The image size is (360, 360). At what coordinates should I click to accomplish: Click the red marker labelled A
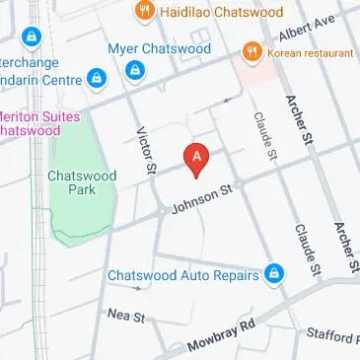(197, 158)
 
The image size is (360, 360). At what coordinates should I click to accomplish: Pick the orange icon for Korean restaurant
(252, 49)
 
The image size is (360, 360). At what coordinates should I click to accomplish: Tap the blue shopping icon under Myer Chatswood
(135, 70)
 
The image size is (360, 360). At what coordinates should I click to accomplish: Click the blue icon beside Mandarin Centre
(96, 77)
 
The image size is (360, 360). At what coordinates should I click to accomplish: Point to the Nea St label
(127, 317)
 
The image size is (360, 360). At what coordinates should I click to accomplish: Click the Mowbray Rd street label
(221, 334)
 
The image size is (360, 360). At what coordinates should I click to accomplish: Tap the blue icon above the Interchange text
(33, 38)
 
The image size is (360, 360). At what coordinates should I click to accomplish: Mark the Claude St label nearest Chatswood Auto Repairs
(306, 248)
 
